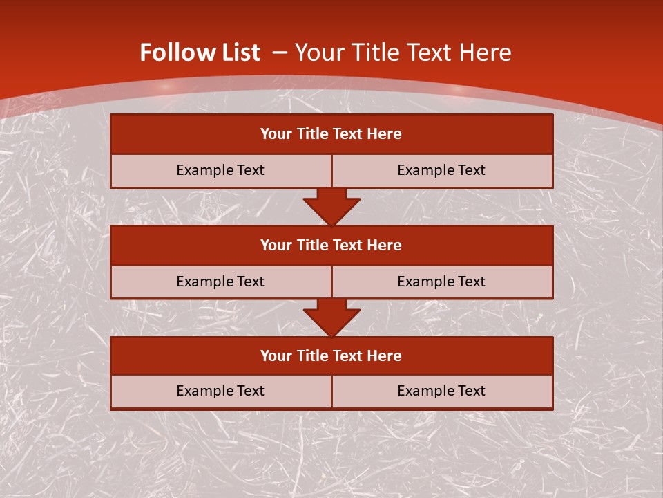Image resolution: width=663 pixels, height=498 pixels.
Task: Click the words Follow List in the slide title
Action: coord(200,53)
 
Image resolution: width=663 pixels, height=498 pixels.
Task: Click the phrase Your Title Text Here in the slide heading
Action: coord(403,53)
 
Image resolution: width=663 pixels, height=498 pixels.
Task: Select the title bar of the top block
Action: coord(331,134)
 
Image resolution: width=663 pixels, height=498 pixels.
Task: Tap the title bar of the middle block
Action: coord(331,245)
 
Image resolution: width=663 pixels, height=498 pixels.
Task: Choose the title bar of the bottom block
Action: coord(331,356)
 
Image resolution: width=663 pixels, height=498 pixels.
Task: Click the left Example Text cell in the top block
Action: coord(220,170)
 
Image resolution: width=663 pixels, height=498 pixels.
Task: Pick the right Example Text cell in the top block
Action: coord(441,170)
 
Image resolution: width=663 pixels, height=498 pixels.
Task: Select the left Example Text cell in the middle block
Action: coord(220,282)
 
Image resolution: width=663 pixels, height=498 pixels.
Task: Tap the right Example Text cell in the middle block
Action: coord(441,282)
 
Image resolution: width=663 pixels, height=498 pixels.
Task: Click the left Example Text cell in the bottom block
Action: coord(220,391)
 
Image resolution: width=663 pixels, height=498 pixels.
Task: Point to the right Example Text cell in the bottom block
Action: coord(441,391)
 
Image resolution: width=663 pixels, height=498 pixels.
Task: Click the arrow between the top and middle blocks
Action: coord(331,206)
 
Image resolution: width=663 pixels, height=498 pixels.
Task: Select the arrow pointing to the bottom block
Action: coord(331,317)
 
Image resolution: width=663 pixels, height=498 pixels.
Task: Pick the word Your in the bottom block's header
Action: coord(276,356)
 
